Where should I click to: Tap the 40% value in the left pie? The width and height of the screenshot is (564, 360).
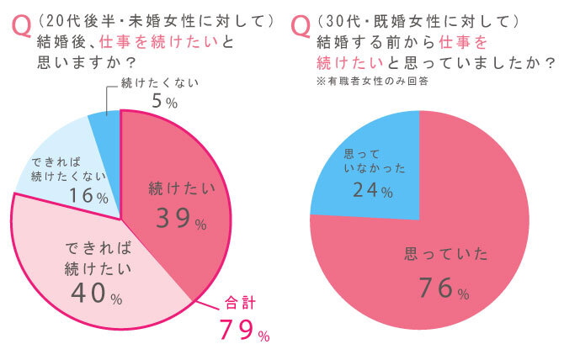click(x=93, y=293)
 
